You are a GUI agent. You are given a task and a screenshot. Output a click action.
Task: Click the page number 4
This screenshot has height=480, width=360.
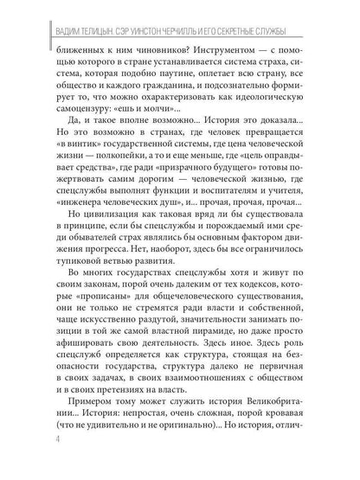[x=33, y=464]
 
